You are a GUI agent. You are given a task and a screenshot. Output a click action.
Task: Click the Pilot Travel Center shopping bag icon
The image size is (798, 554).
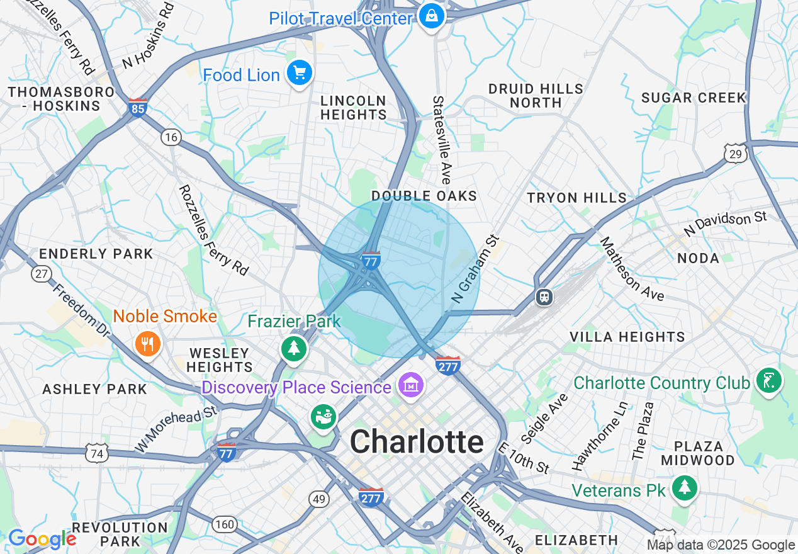(x=432, y=15)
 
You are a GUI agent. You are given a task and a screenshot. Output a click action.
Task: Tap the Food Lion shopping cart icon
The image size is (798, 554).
(x=300, y=73)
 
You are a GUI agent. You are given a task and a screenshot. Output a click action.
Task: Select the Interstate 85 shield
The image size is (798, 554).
(x=137, y=107)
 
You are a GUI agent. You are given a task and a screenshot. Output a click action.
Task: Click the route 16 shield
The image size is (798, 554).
(x=170, y=137)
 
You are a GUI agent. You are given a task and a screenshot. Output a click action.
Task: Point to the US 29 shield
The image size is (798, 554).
(x=735, y=153)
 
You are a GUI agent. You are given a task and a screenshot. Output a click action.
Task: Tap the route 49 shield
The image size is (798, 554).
(x=319, y=499)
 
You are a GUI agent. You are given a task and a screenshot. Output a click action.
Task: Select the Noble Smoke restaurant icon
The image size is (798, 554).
(x=149, y=343)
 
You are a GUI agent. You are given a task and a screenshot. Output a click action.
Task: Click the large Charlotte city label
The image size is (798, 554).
(x=417, y=442)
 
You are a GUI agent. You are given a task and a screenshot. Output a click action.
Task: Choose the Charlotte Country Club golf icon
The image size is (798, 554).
(x=769, y=380)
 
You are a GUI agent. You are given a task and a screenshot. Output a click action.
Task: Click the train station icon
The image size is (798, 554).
(x=544, y=297)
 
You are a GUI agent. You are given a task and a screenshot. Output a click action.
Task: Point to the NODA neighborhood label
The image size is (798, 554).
(x=698, y=258)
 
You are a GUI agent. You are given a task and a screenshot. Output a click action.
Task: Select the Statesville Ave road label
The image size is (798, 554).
(x=441, y=140)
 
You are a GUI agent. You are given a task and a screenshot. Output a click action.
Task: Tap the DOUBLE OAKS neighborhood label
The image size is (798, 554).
(x=424, y=196)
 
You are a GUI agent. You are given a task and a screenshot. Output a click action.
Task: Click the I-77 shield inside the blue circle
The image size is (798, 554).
(x=371, y=260)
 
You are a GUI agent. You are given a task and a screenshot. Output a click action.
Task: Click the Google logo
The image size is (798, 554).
(x=42, y=539)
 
